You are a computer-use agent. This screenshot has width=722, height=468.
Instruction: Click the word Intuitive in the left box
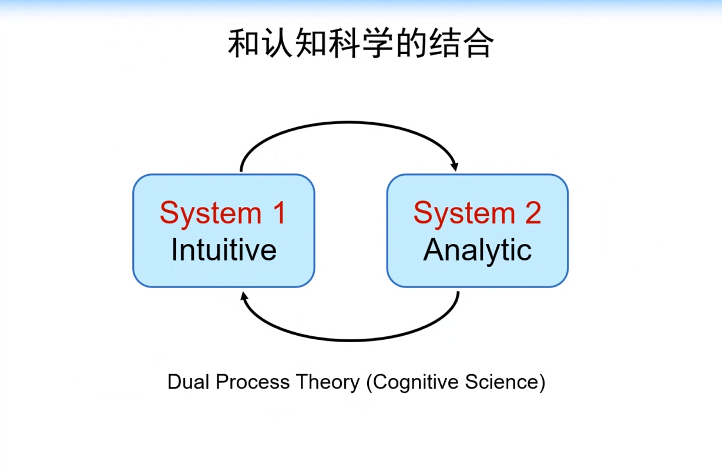coord(224,250)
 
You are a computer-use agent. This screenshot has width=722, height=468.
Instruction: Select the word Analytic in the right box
coord(477,250)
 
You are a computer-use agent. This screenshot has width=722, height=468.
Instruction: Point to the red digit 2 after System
coord(533,213)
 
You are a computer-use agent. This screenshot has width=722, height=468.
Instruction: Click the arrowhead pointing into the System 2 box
coord(454,166)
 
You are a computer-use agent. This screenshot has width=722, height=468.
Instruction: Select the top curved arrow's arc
coord(350,123)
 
